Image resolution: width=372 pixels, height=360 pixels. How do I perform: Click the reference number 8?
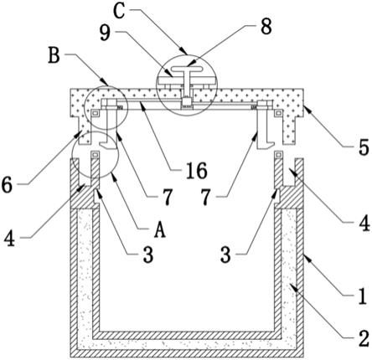(266, 27)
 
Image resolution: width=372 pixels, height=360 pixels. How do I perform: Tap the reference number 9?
(105, 33)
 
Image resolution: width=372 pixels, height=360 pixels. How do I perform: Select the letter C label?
(119, 12)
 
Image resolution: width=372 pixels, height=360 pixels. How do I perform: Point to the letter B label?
(54, 55)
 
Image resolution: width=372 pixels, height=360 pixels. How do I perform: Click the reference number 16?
(197, 171)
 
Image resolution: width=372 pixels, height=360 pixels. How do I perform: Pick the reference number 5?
(364, 147)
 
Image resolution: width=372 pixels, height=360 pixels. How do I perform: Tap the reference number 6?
(7, 185)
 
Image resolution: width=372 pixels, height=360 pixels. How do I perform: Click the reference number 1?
(363, 296)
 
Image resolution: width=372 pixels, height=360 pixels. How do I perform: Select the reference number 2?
(364, 338)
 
